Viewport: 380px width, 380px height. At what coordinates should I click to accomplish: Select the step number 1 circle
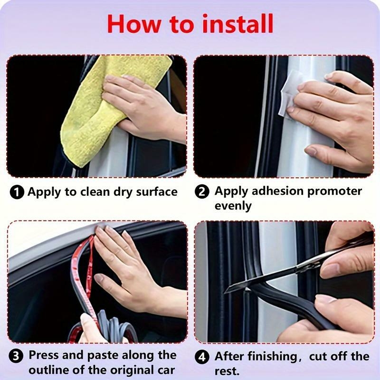[18, 192]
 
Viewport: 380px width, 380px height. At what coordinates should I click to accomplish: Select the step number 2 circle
[203, 192]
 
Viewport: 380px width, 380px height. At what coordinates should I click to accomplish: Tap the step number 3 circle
[17, 356]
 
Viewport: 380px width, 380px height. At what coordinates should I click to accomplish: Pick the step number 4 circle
[203, 356]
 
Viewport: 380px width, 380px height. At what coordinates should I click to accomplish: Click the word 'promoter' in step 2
[336, 191]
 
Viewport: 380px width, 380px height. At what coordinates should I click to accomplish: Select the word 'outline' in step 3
[49, 370]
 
